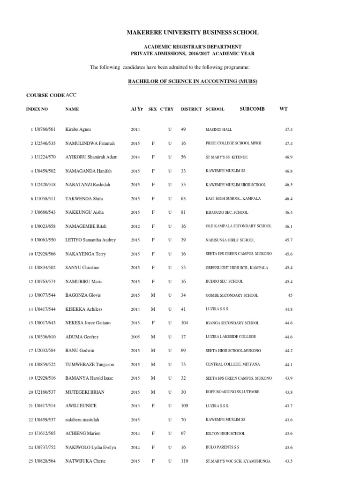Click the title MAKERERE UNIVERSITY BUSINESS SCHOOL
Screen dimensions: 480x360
click(193, 32)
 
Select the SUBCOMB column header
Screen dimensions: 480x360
click(252, 109)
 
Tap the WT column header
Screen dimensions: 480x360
click(283, 109)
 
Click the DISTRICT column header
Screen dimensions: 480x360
click(191, 109)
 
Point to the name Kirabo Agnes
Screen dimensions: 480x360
click(78, 129)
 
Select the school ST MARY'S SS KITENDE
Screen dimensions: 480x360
click(229, 157)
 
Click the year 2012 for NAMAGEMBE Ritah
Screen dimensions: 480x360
click(135, 226)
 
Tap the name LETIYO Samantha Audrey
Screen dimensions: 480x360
click(90, 240)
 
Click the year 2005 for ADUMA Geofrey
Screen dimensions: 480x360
click(135, 337)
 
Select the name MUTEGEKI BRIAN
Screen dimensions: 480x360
click(83, 392)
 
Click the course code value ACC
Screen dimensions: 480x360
click(71, 95)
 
